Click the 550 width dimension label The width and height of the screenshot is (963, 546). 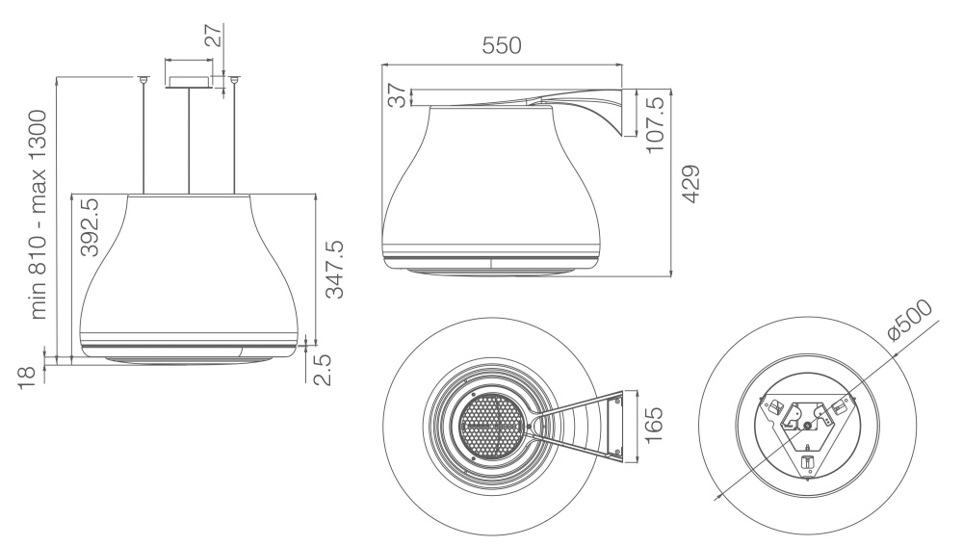(x=502, y=45)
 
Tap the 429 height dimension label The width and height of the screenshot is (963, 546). (x=691, y=184)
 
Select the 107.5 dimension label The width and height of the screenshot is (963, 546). (x=655, y=124)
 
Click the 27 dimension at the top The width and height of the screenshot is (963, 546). (x=214, y=36)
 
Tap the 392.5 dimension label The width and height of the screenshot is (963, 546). (x=90, y=226)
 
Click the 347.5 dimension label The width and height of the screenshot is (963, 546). (x=335, y=270)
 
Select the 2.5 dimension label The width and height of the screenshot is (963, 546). (x=322, y=369)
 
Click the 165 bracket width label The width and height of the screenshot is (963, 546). (x=654, y=425)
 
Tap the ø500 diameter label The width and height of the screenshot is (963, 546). (x=910, y=320)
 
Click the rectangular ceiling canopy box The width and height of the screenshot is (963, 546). (x=190, y=82)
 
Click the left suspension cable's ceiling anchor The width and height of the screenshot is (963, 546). (x=143, y=79)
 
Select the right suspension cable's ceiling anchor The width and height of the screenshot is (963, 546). (x=234, y=79)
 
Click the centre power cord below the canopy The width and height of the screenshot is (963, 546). (x=189, y=142)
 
